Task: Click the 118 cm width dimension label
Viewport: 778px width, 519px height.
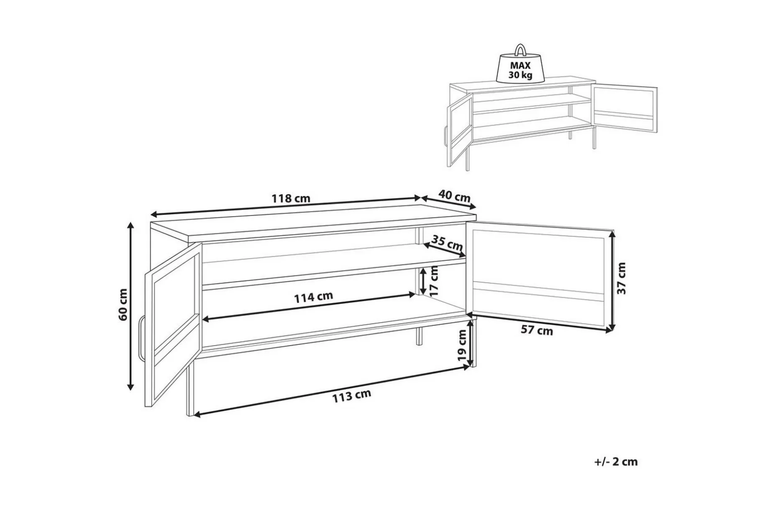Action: click(x=291, y=198)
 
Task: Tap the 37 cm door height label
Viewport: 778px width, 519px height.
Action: click(x=622, y=278)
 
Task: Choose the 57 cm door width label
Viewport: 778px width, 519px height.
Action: click(x=537, y=330)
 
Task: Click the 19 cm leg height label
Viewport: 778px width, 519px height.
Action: click(x=462, y=345)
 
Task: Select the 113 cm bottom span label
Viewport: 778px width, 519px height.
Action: click(x=352, y=396)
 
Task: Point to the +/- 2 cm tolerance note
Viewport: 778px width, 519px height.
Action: click(x=616, y=462)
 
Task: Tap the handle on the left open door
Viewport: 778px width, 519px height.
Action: click(x=141, y=337)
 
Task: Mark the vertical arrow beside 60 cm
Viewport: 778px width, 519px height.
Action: click(x=131, y=306)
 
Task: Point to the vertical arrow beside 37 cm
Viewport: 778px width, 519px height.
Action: click(x=613, y=280)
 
